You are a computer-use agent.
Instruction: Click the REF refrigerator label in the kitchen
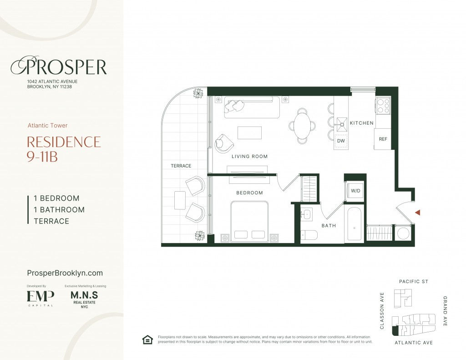(x=383, y=139)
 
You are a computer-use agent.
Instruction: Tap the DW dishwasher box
(x=341, y=141)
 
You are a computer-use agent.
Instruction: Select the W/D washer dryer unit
(x=355, y=191)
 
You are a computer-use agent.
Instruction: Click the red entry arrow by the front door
(x=418, y=212)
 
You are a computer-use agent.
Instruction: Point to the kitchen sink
(x=341, y=124)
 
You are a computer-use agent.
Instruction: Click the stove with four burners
(x=383, y=105)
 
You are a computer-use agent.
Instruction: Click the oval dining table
(x=302, y=126)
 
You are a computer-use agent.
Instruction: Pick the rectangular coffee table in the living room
(x=250, y=132)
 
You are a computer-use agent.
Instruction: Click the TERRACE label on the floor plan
(x=181, y=166)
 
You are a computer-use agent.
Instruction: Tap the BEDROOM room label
(x=250, y=193)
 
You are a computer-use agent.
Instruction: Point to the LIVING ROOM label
(x=250, y=157)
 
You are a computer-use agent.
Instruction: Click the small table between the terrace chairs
(x=180, y=200)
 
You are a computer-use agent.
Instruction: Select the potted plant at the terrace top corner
(x=198, y=94)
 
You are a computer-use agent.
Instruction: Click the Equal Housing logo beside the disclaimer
(x=147, y=340)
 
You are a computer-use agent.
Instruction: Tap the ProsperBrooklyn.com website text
(x=65, y=273)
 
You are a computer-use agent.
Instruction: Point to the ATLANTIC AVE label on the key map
(x=413, y=342)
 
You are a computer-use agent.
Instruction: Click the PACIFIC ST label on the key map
(x=413, y=281)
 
